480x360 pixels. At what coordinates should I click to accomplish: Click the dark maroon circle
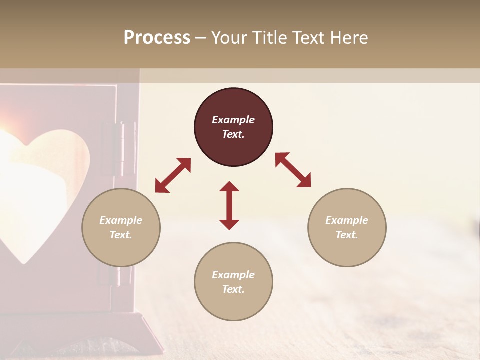(x=233, y=127)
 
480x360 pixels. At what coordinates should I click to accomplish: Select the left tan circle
(x=121, y=227)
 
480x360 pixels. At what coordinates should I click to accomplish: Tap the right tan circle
(x=347, y=227)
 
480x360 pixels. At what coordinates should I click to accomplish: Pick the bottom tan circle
(x=233, y=281)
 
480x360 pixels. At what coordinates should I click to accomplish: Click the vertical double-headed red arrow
(x=229, y=205)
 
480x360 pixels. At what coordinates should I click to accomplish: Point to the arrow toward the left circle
(x=173, y=175)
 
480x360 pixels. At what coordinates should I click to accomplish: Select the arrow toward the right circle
(x=293, y=170)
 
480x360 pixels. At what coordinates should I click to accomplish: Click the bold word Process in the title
(x=157, y=37)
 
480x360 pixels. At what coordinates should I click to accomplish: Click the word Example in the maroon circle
(x=233, y=120)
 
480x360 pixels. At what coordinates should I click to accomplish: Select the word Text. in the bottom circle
(x=233, y=289)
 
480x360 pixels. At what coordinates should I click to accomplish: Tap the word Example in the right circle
(x=347, y=220)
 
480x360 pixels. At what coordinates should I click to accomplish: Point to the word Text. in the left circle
(x=121, y=235)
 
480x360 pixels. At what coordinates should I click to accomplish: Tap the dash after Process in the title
(x=201, y=37)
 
